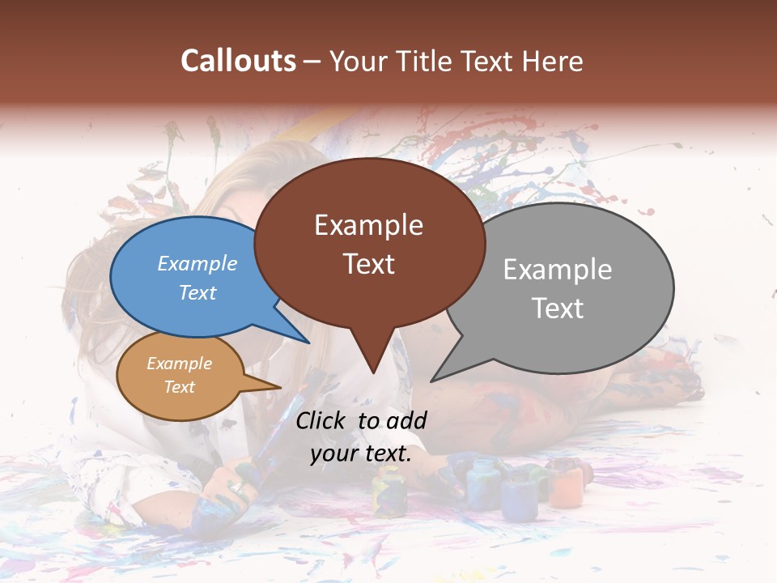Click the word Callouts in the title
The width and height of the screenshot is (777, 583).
pyautogui.click(x=238, y=62)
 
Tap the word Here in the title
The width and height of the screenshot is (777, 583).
pyautogui.click(x=550, y=62)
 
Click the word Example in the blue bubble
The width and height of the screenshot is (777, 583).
pyautogui.click(x=197, y=264)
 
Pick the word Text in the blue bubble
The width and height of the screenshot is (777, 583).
pyautogui.click(x=197, y=292)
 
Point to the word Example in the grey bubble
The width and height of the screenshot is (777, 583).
pyautogui.click(x=558, y=270)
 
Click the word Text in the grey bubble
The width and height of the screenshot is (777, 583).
pyautogui.click(x=558, y=309)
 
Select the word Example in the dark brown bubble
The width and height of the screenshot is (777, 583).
pyautogui.click(x=369, y=225)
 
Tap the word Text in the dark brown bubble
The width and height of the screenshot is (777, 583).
pyautogui.click(x=369, y=264)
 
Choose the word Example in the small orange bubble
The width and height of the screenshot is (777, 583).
pyautogui.click(x=180, y=364)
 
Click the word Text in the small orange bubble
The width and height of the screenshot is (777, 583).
pyautogui.click(x=180, y=387)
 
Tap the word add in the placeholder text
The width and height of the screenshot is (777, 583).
pyautogui.click(x=407, y=420)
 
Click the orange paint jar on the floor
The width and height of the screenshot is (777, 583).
pyautogui.click(x=567, y=486)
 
